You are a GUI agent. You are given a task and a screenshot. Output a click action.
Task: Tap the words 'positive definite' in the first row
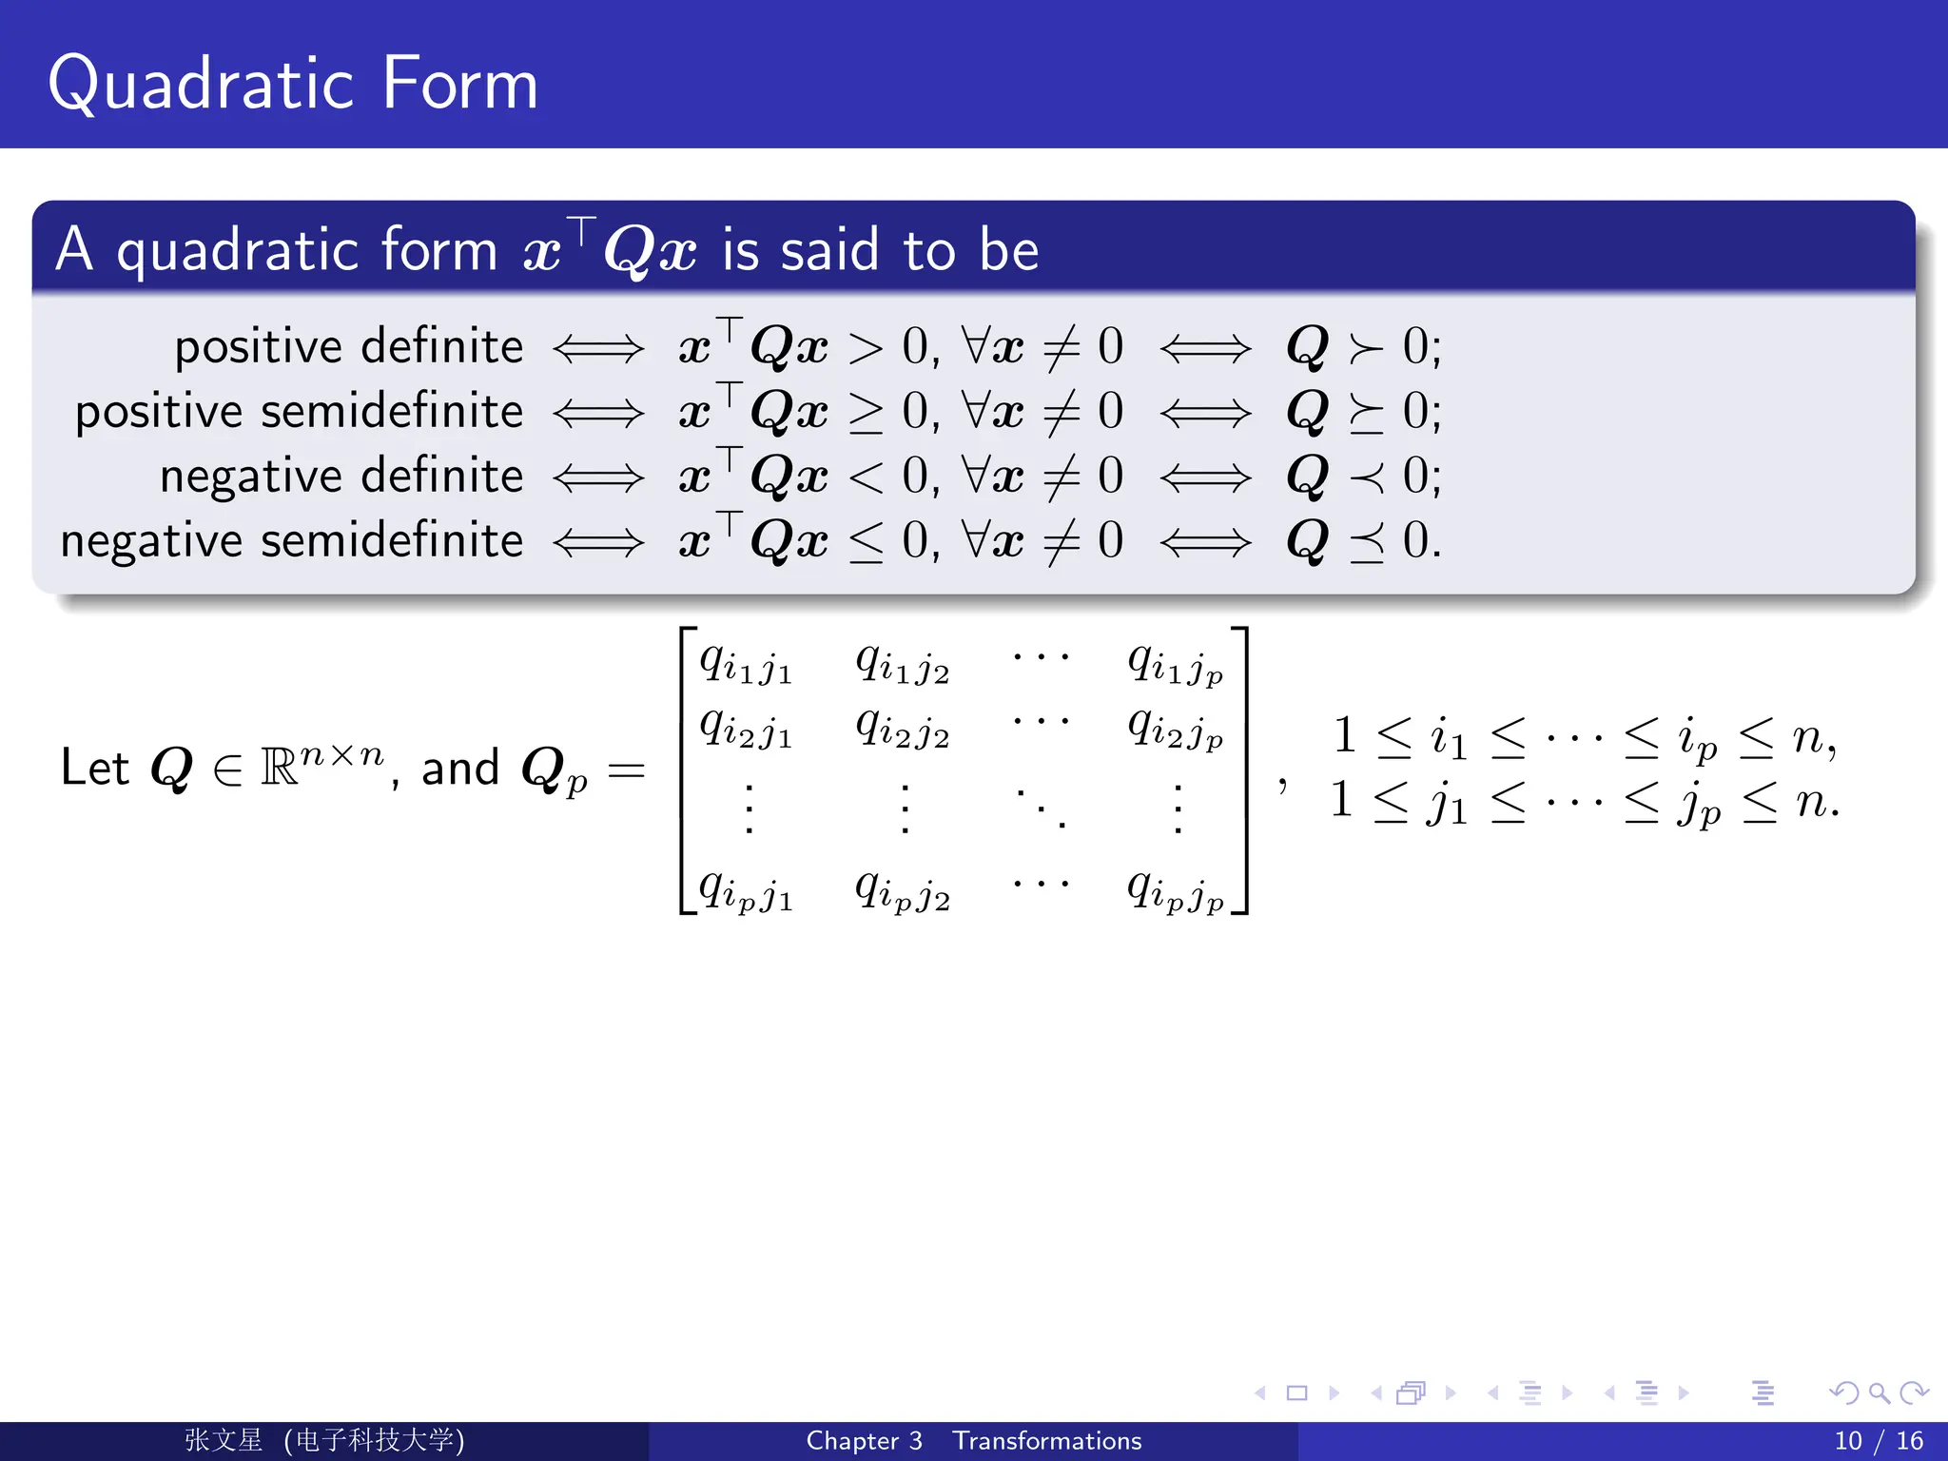[x=348, y=346]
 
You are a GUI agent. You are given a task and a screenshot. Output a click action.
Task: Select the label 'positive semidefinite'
[x=299, y=411]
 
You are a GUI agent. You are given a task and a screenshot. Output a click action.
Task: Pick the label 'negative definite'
[x=341, y=476]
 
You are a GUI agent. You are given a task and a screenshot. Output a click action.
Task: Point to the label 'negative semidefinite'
[x=291, y=540]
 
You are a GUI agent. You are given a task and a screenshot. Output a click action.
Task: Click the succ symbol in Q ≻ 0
[x=1366, y=348]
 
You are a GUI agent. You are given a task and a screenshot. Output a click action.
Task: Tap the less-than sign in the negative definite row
[x=866, y=476]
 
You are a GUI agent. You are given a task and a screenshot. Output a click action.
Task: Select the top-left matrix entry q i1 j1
[x=746, y=662]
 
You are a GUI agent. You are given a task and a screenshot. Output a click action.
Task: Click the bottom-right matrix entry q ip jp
[x=1176, y=890]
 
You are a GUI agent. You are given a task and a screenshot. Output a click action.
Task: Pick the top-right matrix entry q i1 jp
[x=1176, y=662]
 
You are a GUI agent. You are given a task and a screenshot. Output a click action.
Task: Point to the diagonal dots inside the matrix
[x=1042, y=808]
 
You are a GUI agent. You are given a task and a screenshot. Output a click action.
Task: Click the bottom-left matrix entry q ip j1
[x=746, y=890]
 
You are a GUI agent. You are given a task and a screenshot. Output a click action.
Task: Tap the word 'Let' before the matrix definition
[x=94, y=768]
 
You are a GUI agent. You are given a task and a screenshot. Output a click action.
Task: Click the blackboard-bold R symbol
[x=279, y=768]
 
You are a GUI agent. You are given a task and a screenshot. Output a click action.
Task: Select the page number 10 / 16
[x=1878, y=1441]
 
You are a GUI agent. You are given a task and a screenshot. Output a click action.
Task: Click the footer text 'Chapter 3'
[x=864, y=1441]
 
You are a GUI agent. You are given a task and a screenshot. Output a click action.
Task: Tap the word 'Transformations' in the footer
[x=1047, y=1441]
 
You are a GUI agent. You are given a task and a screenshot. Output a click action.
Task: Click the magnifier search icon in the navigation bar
[x=1879, y=1393]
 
